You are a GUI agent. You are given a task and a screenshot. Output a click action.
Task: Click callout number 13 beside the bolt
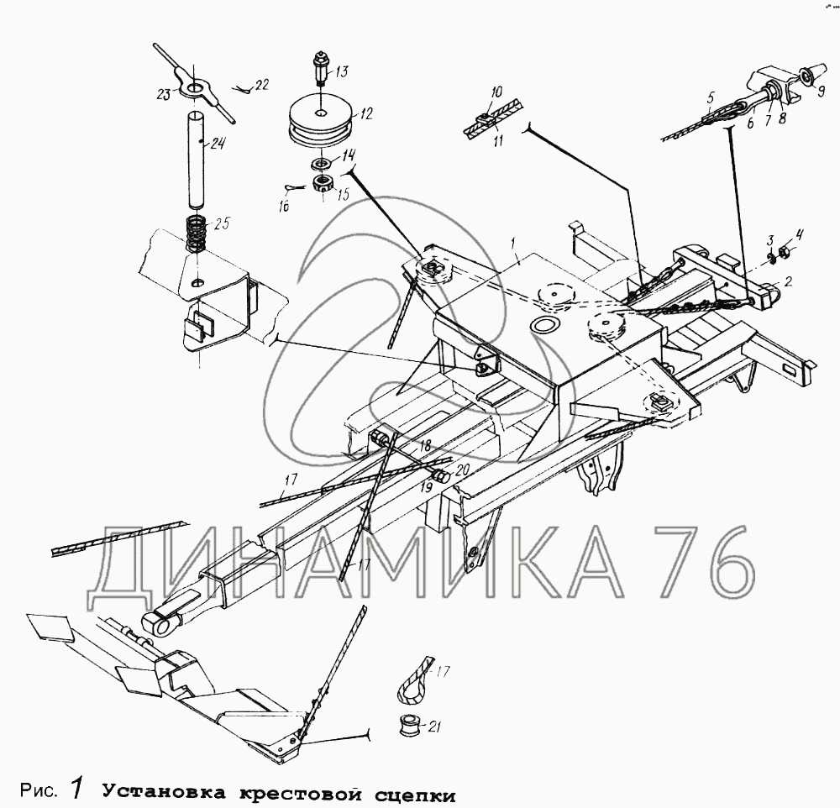(x=342, y=71)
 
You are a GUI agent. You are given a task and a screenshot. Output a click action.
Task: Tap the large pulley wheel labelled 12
(x=321, y=124)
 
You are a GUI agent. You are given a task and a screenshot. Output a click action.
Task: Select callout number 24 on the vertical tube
(x=218, y=144)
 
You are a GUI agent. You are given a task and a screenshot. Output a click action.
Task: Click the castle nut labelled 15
(x=323, y=185)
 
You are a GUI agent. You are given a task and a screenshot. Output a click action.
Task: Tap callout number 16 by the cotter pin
(x=283, y=205)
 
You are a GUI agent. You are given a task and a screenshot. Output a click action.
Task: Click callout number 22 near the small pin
(x=261, y=84)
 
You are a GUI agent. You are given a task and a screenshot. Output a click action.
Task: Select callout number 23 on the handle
(x=164, y=94)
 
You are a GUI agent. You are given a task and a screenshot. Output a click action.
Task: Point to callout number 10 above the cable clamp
(x=496, y=92)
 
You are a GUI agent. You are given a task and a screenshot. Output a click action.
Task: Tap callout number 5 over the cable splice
(x=711, y=97)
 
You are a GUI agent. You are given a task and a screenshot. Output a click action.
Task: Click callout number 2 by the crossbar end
(x=788, y=281)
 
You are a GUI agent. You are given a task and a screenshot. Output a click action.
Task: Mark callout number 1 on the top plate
(x=512, y=244)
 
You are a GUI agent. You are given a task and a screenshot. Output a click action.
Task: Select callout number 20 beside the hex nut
(x=462, y=470)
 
